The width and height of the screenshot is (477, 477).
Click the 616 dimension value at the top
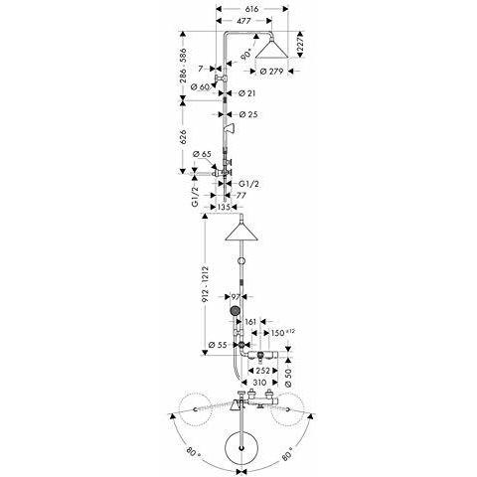click(x=251, y=9)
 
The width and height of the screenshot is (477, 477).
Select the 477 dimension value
click(x=243, y=21)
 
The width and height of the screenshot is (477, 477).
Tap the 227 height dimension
click(x=300, y=44)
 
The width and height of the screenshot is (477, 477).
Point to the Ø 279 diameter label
click(x=271, y=72)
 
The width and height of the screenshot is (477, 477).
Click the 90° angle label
click(x=246, y=54)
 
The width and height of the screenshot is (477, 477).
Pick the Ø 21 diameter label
click(x=247, y=93)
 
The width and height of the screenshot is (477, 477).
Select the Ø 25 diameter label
click(x=248, y=114)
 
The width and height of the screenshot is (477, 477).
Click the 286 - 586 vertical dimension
click(x=183, y=66)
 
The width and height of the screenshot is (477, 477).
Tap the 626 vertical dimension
click(x=183, y=137)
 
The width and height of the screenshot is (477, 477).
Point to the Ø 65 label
click(x=202, y=154)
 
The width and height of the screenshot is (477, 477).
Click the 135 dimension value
click(x=224, y=207)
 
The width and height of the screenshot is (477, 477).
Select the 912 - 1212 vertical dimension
click(x=205, y=284)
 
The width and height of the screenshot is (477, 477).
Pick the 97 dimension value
click(x=236, y=296)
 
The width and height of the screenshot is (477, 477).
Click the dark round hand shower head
click(x=235, y=311)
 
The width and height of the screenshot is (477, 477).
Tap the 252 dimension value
click(x=263, y=371)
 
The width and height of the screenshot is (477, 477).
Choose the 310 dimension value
click(x=259, y=383)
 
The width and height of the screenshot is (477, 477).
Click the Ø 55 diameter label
click(x=218, y=345)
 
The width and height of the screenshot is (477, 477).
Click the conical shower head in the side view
click(x=271, y=49)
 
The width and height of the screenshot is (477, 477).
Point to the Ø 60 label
click(x=201, y=87)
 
